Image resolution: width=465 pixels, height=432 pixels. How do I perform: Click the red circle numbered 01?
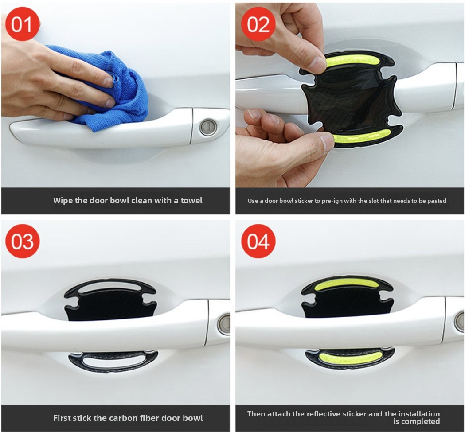[22, 24]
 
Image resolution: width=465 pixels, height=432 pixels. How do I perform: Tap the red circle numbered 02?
[258, 24]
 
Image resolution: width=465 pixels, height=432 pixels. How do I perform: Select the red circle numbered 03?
[22, 241]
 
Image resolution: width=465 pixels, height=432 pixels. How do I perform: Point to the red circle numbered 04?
[258, 241]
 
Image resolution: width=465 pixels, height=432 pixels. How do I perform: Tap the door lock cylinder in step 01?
[208, 127]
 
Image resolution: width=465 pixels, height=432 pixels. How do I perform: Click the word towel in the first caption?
[191, 201]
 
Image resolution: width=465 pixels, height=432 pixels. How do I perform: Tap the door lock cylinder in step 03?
[224, 324]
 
